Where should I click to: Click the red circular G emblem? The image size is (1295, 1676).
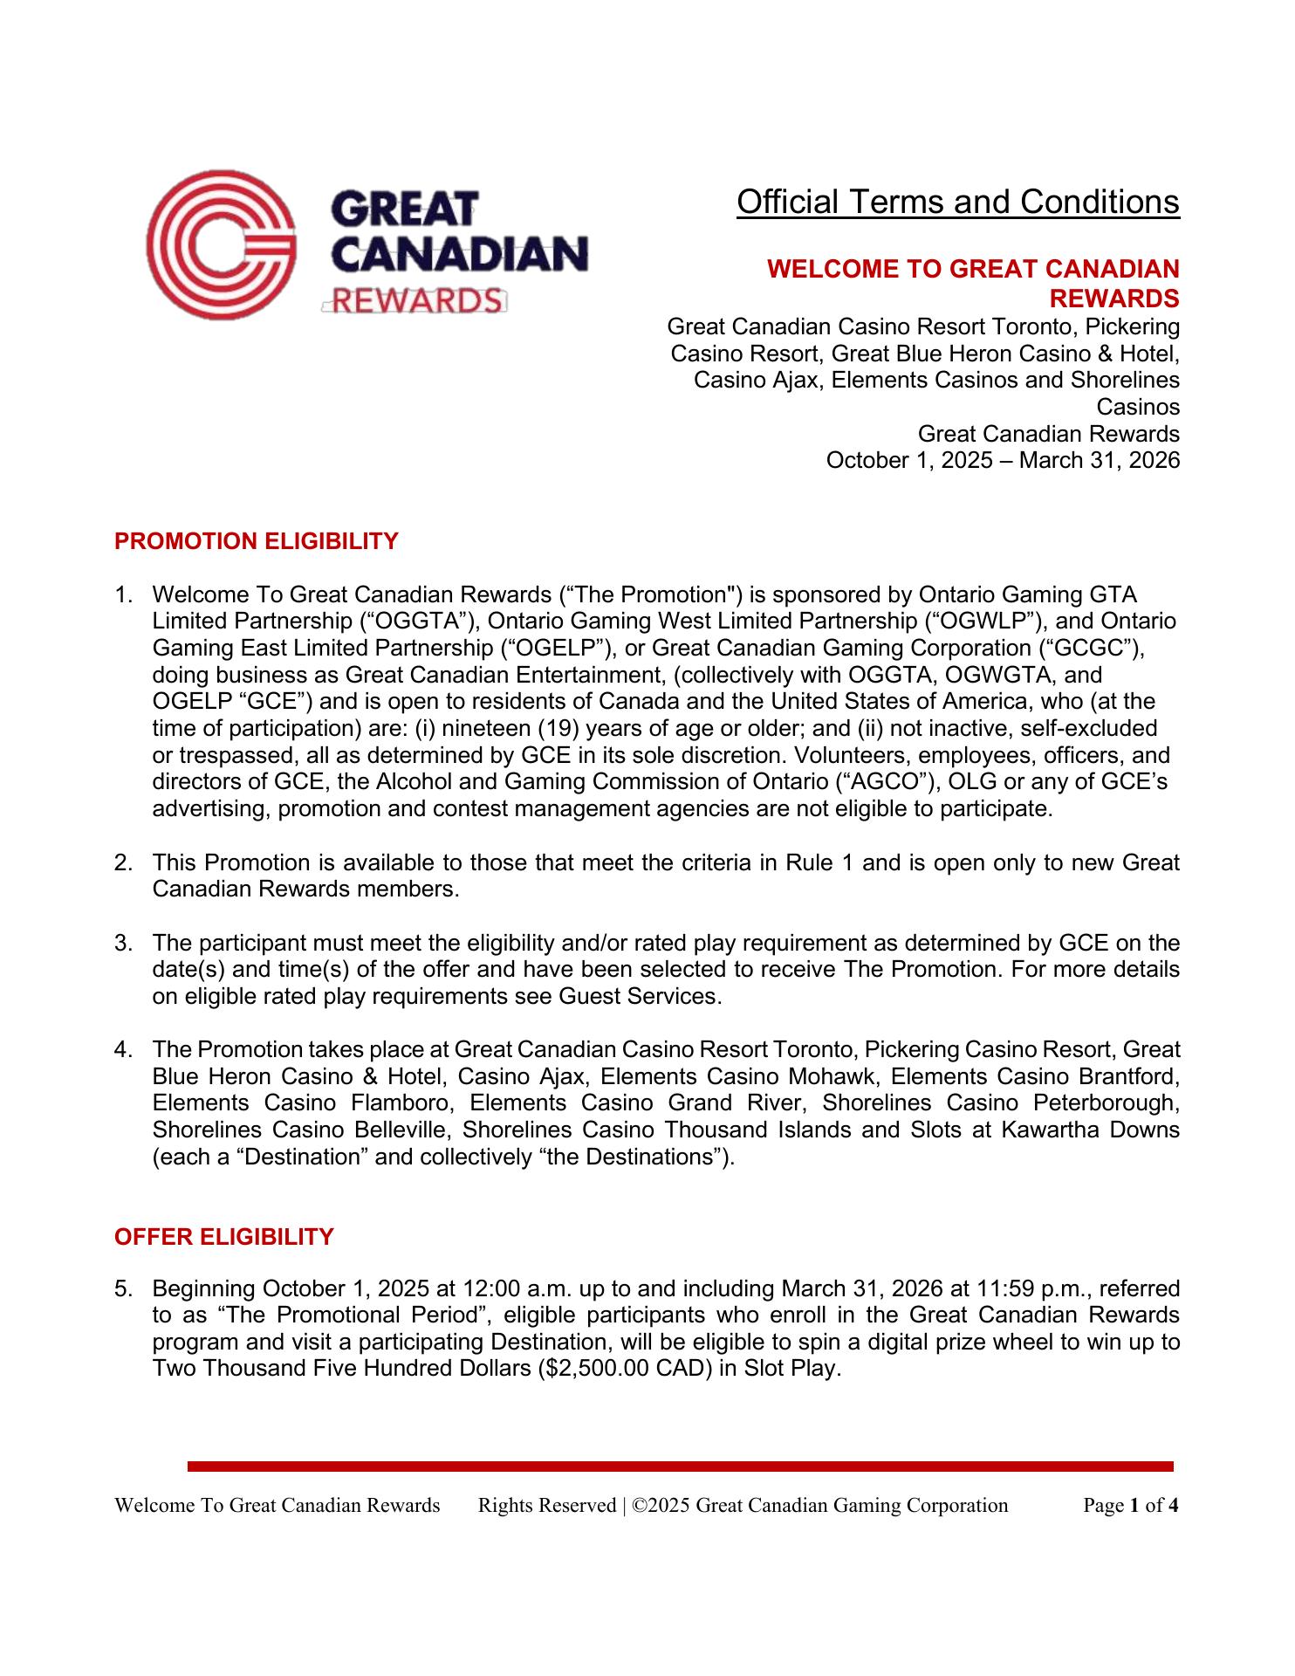(x=221, y=245)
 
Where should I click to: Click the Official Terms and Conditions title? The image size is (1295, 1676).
(x=957, y=202)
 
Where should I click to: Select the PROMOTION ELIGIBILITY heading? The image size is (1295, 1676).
(x=256, y=541)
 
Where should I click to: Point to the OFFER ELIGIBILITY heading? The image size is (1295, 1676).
(x=224, y=1237)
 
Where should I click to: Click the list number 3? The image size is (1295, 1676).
(x=122, y=943)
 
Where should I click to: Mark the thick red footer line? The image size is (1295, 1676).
(x=680, y=1466)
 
